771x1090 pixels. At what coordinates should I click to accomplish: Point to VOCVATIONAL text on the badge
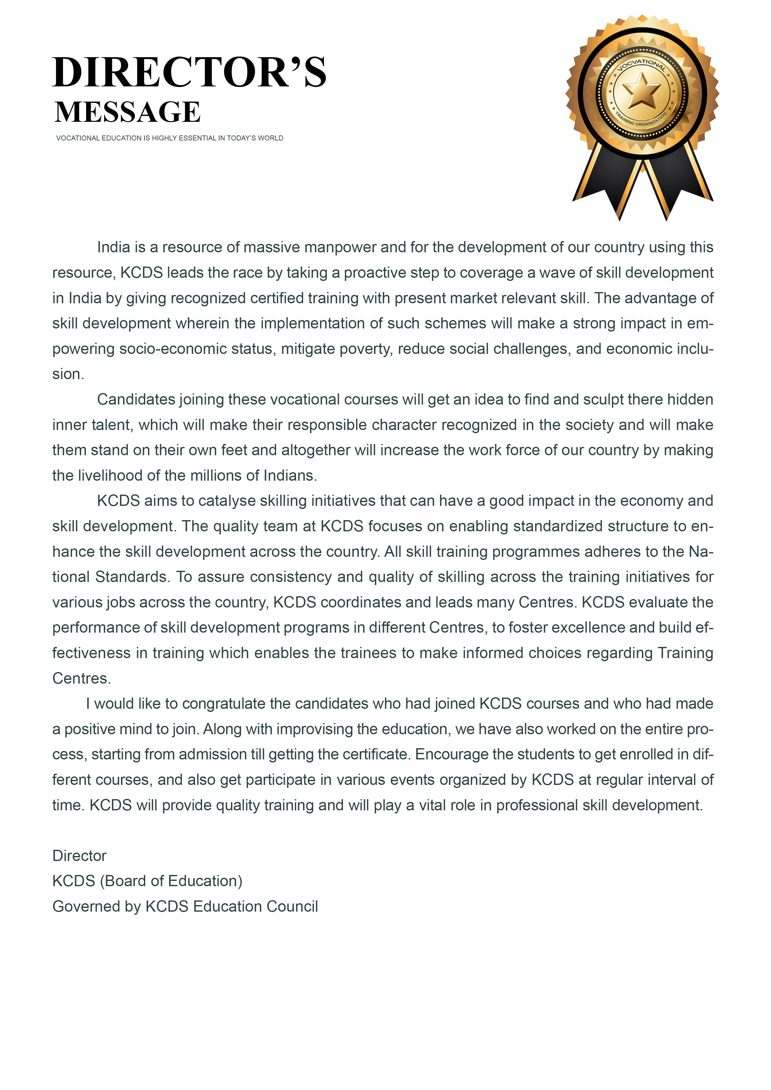(x=641, y=64)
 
